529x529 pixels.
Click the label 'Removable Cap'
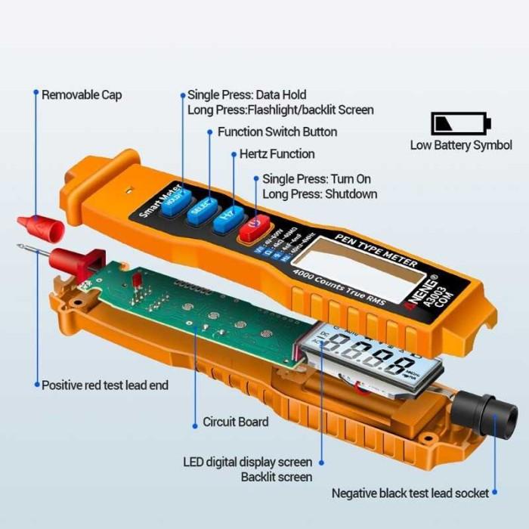(81, 95)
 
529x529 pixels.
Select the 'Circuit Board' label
(235, 422)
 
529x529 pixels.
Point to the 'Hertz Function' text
(277, 154)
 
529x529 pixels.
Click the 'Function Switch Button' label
(277, 131)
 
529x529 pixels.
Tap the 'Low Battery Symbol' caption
(460, 145)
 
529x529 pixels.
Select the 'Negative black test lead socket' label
(410, 493)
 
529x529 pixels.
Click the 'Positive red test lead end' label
(104, 385)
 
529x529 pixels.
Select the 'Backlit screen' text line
(277, 477)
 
